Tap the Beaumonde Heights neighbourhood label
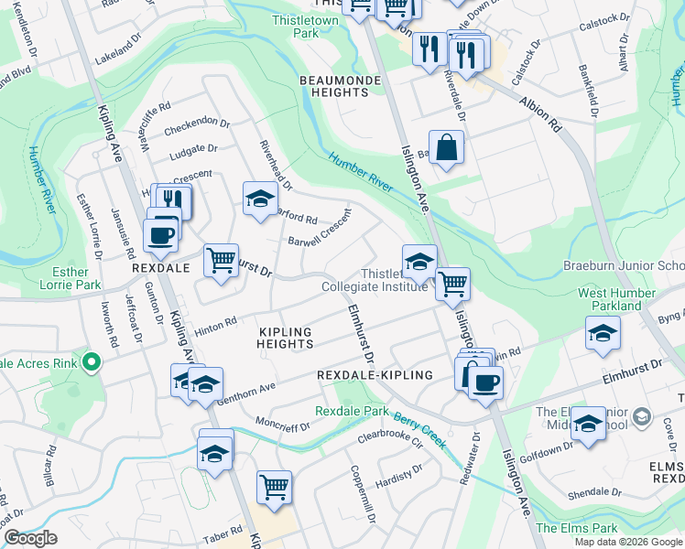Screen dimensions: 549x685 pos(333,86)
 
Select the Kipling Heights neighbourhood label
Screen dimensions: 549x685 pos(285,338)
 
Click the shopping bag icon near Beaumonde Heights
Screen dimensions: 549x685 pos(445,148)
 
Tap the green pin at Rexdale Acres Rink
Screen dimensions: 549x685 pos(90,363)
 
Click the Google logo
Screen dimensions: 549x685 pos(30,538)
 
